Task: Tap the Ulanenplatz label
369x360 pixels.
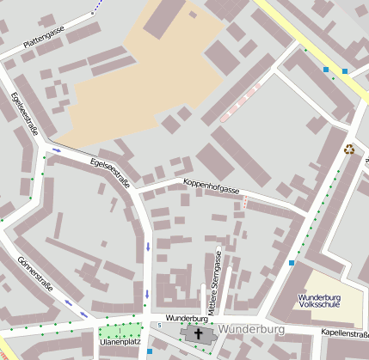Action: coord(120,342)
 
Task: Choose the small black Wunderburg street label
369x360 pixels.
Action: coord(188,318)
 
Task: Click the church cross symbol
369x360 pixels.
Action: coord(199,333)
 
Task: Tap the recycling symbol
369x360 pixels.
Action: coord(349,149)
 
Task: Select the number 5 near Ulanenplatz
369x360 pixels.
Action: coord(158,325)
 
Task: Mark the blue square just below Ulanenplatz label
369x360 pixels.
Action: coord(149,351)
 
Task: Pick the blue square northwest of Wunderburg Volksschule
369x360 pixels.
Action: coord(292,262)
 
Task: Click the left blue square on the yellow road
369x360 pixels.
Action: coord(326,69)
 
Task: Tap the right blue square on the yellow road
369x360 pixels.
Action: coord(345,71)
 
